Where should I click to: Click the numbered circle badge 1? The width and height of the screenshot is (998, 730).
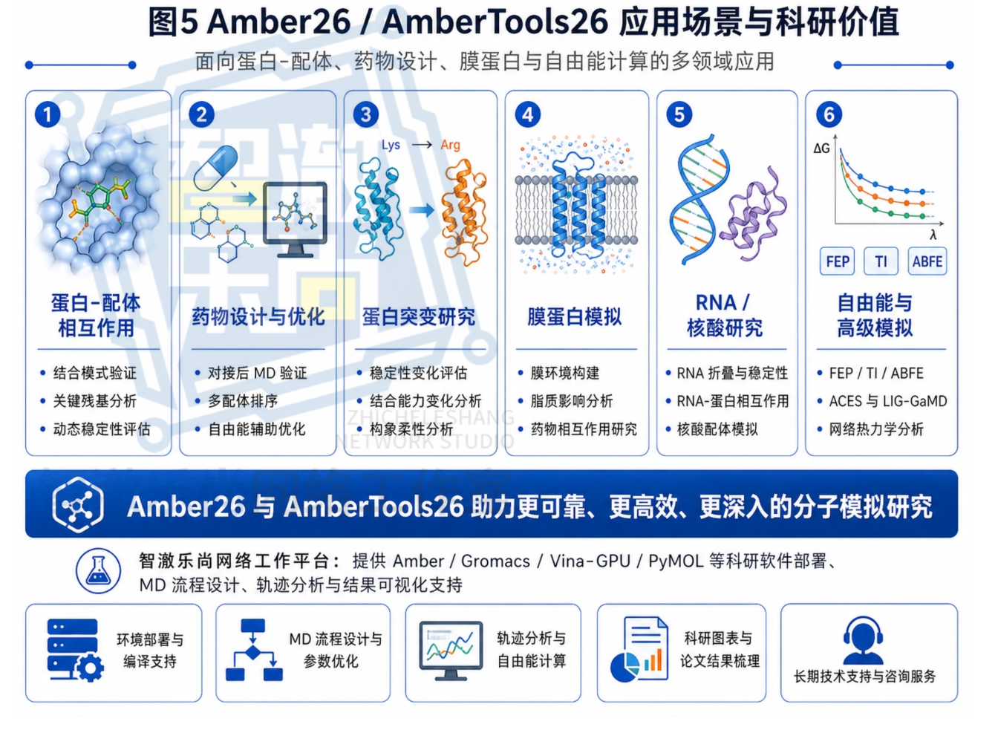tap(48, 114)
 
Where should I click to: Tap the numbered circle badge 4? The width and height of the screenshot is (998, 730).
tap(527, 114)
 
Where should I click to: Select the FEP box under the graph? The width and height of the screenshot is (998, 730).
tap(837, 261)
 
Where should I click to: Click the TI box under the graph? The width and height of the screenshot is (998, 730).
tap(881, 261)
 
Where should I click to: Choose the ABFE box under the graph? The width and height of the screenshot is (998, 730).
tap(927, 261)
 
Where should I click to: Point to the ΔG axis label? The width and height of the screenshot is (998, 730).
tap(821, 148)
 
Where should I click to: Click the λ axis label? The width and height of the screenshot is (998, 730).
tap(933, 235)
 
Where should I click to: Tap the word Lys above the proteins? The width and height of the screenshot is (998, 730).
tap(391, 146)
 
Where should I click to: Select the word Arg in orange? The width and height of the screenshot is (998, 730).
tap(450, 146)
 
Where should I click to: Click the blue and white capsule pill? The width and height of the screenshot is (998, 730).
tap(217, 167)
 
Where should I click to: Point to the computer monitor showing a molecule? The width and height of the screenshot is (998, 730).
tap(295, 219)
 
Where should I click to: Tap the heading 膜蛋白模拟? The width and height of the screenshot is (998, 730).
tap(574, 317)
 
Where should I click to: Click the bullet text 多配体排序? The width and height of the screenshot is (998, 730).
tap(243, 401)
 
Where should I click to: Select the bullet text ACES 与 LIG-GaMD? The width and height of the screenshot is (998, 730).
tap(887, 401)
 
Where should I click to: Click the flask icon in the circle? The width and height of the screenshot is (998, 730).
tap(98, 571)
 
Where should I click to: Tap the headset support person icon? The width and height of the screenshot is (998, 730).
tap(863, 640)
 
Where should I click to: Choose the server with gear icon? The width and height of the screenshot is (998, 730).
tap(75, 650)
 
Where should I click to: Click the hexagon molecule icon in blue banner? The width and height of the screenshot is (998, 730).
tap(78, 505)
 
